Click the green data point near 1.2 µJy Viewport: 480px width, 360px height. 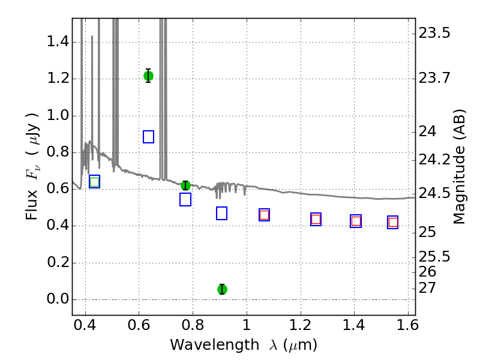point(148,76)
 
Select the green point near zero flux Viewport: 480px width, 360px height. point(222,289)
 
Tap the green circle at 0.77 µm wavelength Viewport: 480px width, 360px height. point(185,185)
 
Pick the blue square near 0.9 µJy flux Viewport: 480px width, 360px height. point(148,137)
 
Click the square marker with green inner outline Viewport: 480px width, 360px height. point(95,182)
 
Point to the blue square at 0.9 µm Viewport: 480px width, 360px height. point(221,214)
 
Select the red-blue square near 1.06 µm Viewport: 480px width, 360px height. point(264,215)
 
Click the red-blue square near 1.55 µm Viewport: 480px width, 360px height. point(393,222)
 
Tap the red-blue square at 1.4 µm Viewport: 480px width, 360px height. point(356,221)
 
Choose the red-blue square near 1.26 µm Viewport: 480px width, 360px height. point(316,219)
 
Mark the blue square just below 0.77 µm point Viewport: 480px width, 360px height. point(185,200)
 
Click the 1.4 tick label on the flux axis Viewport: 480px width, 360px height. point(58,41)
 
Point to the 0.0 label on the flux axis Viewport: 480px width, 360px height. point(58,299)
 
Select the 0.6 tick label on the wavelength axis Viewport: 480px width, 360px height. point(139,325)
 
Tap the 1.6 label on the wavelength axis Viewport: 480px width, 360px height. point(407,325)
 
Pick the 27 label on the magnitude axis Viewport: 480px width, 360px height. point(427,288)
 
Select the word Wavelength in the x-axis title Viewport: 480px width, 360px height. point(215,345)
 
